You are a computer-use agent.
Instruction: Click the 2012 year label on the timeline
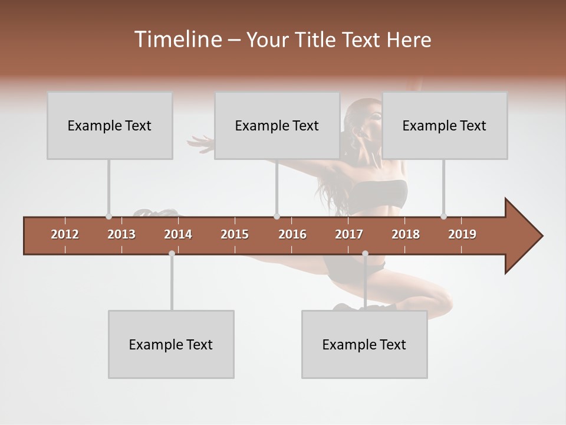tap(65, 234)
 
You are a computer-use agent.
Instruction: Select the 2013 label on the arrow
tap(121, 234)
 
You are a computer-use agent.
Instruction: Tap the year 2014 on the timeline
tap(178, 234)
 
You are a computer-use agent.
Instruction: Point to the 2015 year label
tap(235, 234)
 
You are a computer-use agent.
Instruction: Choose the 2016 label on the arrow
tap(292, 234)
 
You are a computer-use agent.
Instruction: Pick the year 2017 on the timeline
tap(349, 234)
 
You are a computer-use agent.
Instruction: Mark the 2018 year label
tap(406, 234)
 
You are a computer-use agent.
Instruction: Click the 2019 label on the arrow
tap(462, 234)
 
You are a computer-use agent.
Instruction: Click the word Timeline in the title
tap(177, 40)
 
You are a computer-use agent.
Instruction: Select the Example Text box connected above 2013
tap(110, 125)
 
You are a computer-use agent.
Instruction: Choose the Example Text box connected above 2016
tap(277, 125)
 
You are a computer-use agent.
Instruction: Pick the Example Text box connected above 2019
tap(445, 125)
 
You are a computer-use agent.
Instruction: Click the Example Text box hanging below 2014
tap(171, 344)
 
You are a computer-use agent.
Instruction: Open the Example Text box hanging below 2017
tap(364, 344)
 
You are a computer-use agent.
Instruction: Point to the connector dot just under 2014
tap(172, 253)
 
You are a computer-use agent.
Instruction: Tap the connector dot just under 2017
tap(365, 253)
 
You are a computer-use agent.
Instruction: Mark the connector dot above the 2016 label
tap(277, 216)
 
